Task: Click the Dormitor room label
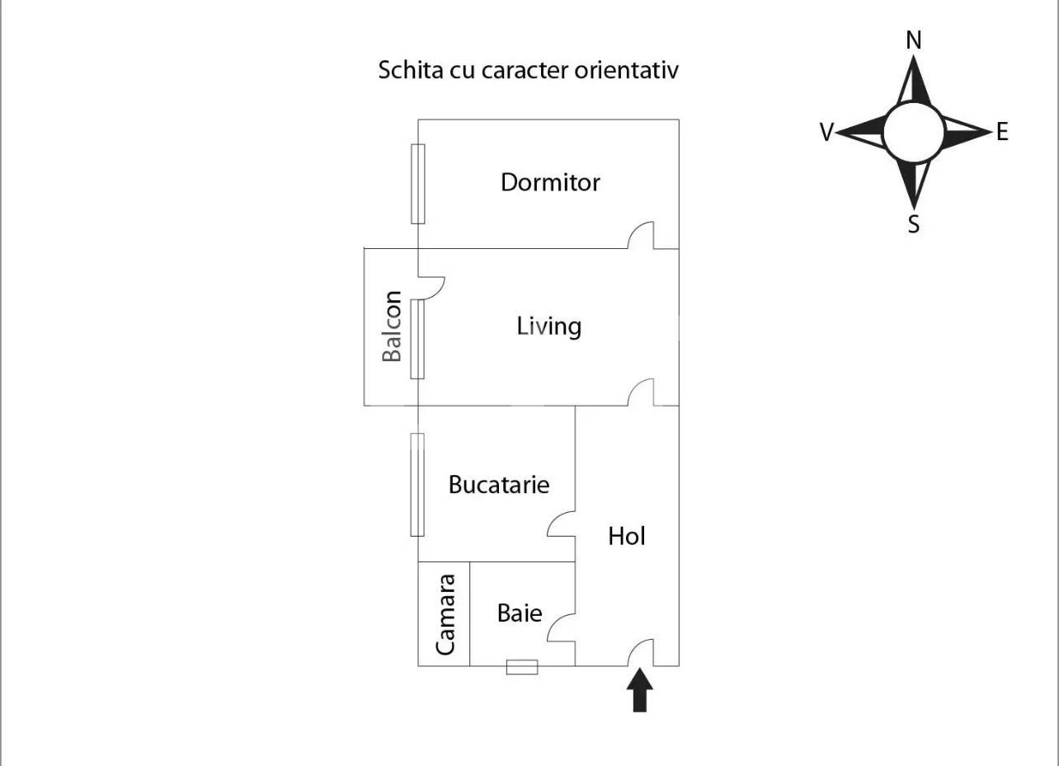[550, 182]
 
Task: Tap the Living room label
[548, 326]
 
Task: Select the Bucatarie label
[498, 484]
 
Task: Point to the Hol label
[626, 536]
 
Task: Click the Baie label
[520, 613]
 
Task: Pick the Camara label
[445, 614]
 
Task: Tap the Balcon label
[393, 326]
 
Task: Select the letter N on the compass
[913, 40]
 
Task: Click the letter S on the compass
[913, 224]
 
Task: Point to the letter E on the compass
[1002, 132]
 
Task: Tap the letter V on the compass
[826, 132]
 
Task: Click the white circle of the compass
[913, 132]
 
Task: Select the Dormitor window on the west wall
[418, 184]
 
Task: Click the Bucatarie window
[417, 484]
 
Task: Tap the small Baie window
[521, 667]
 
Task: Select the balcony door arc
[433, 286]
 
